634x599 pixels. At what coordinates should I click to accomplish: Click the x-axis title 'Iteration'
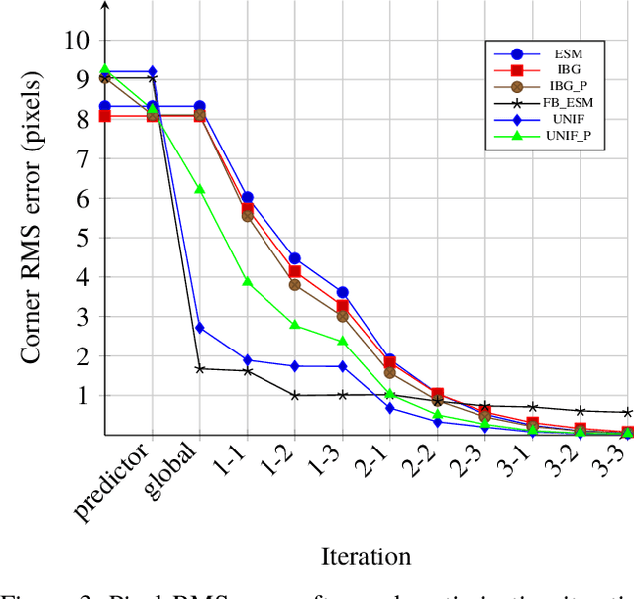pyautogui.click(x=367, y=556)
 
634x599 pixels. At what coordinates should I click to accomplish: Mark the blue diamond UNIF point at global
pyautogui.click(x=200, y=328)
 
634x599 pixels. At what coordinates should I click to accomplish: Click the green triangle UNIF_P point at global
pyautogui.click(x=200, y=189)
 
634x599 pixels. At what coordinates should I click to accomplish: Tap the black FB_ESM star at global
pyautogui.click(x=200, y=368)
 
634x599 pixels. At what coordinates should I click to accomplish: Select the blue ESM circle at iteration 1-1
pyautogui.click(x=248, y=198)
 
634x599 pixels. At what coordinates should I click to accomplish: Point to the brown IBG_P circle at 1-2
pyautogui.click(x=295, y=285)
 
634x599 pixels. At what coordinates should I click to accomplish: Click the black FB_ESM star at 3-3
pyautogui.click(x=628, y=412)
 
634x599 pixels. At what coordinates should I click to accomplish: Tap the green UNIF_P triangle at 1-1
pyautogui.click(x=248, y=281)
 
